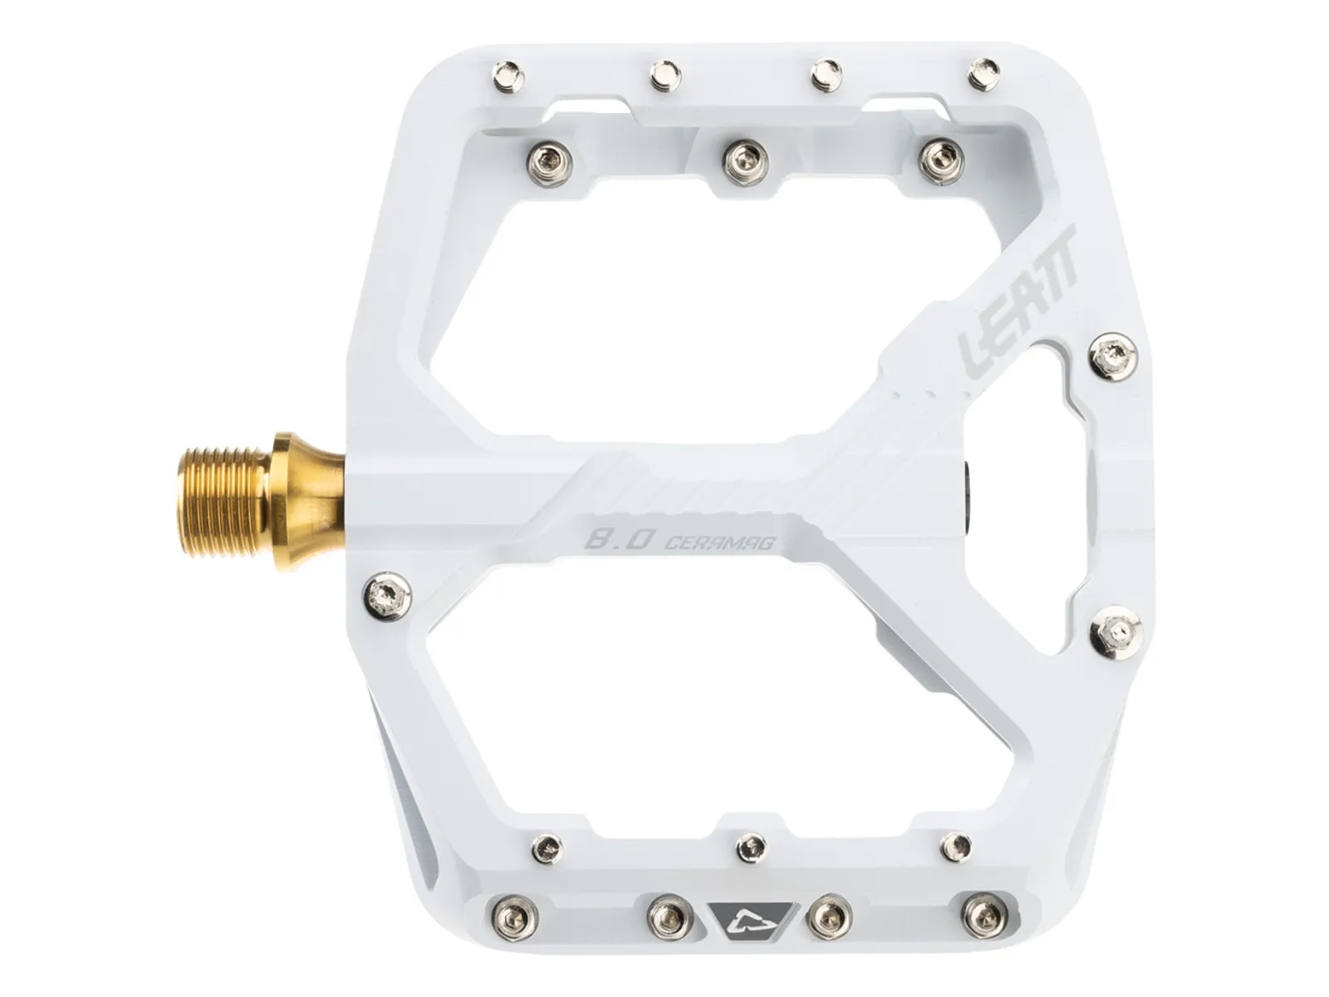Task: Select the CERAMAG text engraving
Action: click(x=719, y=543)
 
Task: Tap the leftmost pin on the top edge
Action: click(x=508, y=77)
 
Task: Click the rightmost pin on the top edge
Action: click(x=983, y=75)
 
